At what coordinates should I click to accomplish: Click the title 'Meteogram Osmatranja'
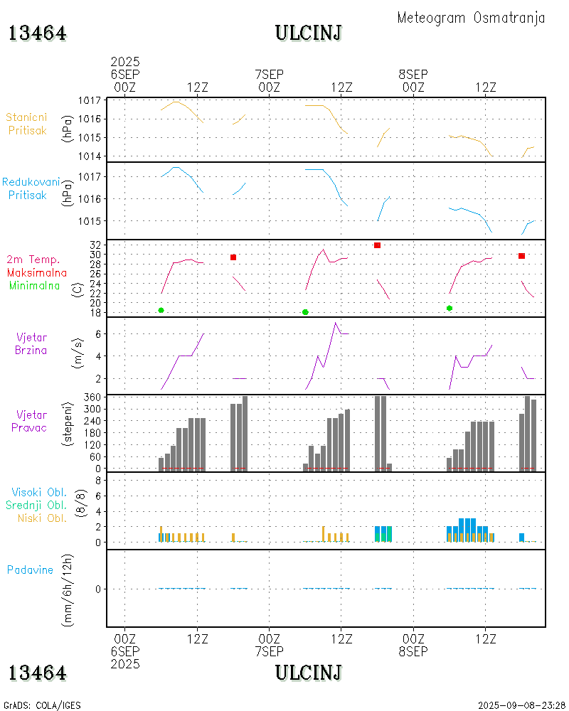click(x=471, y=18)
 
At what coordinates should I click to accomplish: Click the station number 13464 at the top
click(x=38, y=33)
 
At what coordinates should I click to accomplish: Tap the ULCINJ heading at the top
click(x=309, y=33)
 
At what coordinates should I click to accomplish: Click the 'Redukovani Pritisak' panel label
click(x=30, y=188)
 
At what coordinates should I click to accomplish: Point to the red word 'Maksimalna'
click(x=37, y=272)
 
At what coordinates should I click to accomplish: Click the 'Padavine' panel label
click(x=30, y=570)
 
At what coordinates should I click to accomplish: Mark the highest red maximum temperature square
click(x=377, y=245)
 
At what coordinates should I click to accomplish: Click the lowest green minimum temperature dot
click(x=305, y=312)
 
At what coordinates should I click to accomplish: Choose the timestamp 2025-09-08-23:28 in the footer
click(x=521, y=705)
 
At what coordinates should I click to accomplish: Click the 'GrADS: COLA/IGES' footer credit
click(x=42, y=705)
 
